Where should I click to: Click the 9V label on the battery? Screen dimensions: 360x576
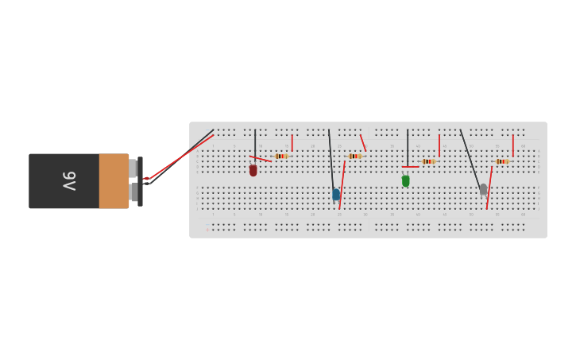69,181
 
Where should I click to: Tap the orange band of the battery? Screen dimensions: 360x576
114,181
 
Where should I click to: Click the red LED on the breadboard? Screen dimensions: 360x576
253,170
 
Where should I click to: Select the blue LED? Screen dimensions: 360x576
336,194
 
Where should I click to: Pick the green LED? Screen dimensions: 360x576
406,181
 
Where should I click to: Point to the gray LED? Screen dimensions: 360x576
483,189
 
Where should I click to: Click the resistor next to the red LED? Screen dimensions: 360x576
280,156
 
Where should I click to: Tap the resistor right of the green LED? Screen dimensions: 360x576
428,161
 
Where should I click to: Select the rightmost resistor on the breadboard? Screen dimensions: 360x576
502,161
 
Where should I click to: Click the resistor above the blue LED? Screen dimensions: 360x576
354,156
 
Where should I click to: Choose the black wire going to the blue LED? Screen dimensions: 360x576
331,159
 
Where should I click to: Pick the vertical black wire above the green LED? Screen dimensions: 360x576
408,147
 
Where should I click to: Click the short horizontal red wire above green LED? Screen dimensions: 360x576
410,167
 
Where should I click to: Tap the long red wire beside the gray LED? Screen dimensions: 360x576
489,188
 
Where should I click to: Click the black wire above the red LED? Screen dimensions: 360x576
255,143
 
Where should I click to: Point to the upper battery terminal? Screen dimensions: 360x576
133,168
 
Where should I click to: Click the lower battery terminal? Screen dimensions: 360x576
133,192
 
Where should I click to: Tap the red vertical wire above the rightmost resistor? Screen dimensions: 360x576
513,145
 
